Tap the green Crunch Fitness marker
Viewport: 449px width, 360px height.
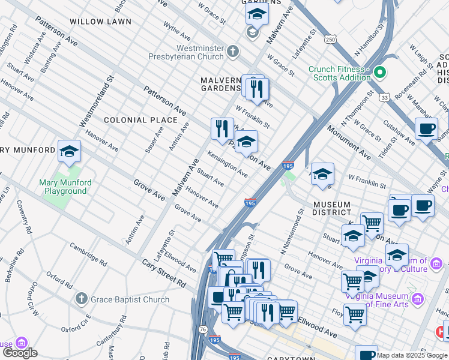click(x=379, y=73)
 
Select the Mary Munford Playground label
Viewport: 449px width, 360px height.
click(x=65, y=187)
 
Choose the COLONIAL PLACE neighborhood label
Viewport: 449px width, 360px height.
click(x=133, y=120)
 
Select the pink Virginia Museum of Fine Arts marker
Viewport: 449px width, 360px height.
click(x=418, y=299)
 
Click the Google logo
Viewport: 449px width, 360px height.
click(x=20, y=353)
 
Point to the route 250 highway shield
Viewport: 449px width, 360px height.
click(x=331, y=39)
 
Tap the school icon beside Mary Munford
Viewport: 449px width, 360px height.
click(x=69, y=152)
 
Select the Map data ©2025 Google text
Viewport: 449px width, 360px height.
click(x=412, y=355)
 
